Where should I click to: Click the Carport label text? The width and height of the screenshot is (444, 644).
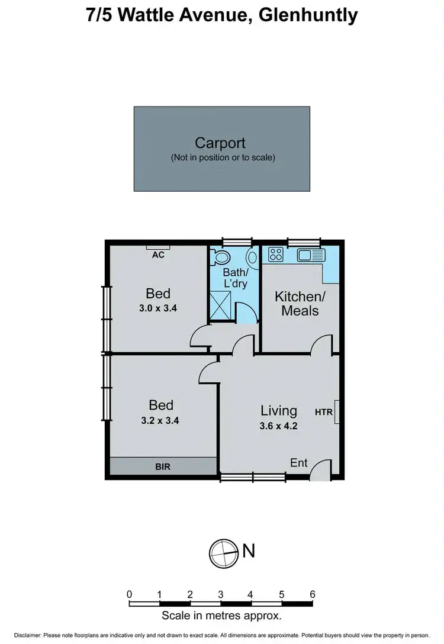pos(220,143)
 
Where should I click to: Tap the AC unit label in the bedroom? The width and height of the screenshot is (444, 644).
pos(158,255)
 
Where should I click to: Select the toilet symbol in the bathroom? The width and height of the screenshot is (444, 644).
pos(223,257)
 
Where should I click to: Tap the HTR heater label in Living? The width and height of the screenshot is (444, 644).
pos(324,412)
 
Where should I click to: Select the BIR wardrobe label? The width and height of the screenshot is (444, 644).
pos(163,466)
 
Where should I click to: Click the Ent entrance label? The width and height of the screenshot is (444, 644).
pos(299,462)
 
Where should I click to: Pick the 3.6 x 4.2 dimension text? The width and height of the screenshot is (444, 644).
pos(279,425)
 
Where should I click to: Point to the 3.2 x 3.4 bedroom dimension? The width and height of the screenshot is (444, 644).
pos(160,421)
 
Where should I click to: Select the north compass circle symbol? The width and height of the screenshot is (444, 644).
pos(222,552)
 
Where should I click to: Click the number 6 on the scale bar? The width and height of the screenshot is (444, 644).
pos(312,594)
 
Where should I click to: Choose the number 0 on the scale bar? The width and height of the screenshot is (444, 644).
pos(129,594)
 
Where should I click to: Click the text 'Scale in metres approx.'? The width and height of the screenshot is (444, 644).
pos(221,616)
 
